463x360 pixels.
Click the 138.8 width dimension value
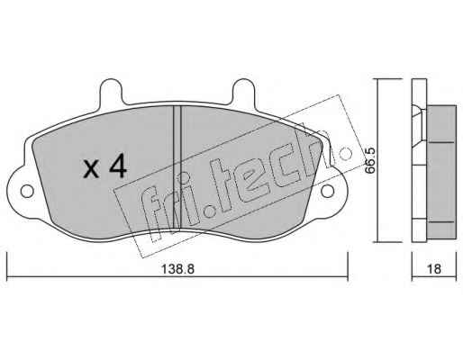178,269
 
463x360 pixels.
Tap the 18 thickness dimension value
434,269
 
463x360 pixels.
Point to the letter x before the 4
91,169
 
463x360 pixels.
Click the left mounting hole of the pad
27,191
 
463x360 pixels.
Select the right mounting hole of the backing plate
327,191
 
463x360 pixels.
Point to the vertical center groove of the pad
177,168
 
